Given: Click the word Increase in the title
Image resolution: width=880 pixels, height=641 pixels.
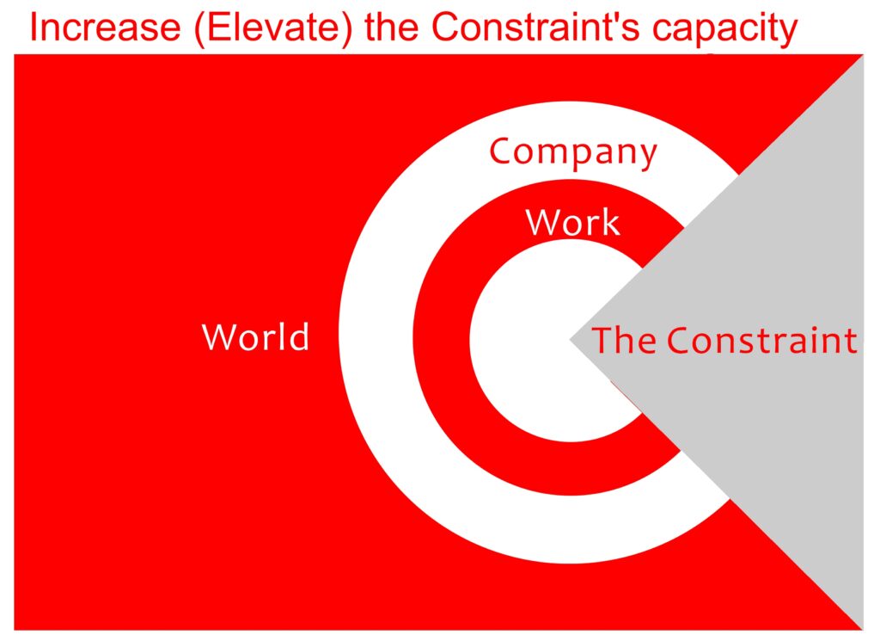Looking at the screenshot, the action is [105, 27].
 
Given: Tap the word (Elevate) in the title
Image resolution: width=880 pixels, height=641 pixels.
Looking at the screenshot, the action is [272, 28].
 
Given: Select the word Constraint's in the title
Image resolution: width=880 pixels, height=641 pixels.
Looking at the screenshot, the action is [536, 27].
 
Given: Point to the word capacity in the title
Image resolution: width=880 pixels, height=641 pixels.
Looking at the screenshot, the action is [724, 30].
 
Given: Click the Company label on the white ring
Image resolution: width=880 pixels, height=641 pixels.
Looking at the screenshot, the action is [573, 153].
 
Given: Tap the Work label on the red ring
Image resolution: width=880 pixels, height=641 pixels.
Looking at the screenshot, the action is [573, 222].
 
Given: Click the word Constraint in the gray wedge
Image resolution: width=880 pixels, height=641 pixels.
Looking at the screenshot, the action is [762, 340].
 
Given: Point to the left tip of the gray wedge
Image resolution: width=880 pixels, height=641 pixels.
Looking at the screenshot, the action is [571, 339].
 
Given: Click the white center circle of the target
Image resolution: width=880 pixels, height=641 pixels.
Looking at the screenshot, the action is [522, 342].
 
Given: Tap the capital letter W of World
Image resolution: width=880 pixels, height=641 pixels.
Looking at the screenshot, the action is [221, 336].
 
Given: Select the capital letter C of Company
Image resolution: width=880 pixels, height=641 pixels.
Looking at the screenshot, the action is [502, 151].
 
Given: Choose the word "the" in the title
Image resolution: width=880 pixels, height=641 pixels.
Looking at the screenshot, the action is [392, 27].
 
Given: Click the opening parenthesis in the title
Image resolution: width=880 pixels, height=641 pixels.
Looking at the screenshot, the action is [200, 29].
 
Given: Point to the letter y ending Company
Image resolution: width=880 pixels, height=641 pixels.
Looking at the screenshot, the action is [646, 157].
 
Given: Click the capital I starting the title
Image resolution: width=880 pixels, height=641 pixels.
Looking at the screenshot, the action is [34, 27].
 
